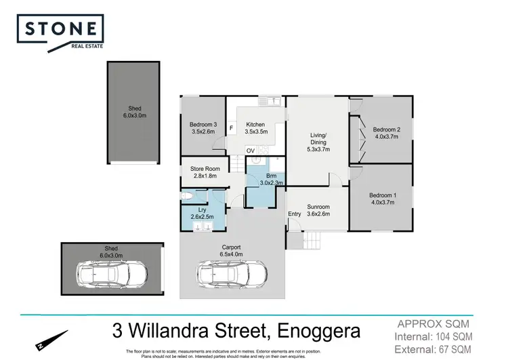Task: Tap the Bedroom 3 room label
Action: click(203, 128)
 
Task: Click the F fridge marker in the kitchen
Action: click(232, 127)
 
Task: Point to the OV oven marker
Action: click(251, 151)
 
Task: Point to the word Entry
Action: click(295, 214)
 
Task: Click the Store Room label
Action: click(203, 172)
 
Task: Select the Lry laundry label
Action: click(201, 214)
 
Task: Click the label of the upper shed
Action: click(133, 112)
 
